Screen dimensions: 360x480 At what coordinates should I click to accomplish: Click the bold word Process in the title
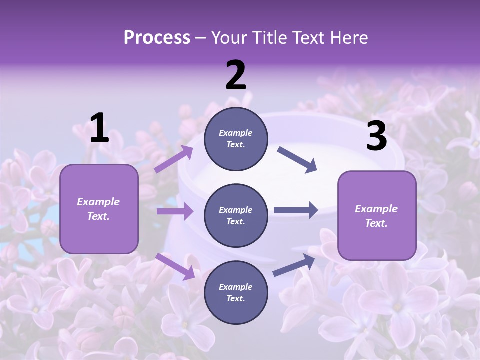tap(157, 38)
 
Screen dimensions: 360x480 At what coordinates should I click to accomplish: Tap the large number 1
tap(99, 128)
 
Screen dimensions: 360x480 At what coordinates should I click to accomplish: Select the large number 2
tap(236, 76)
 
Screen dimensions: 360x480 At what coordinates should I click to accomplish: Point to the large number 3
tap(376, 136)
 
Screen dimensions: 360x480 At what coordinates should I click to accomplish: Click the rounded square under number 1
tap(99, 209)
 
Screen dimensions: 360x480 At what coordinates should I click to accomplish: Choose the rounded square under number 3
tap(377, 215)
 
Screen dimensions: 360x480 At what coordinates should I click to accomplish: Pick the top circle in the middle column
tap(236, 139)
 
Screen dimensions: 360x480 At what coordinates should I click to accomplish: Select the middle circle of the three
tap(236, 215)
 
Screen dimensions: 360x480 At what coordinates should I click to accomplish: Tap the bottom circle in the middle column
tap(236, 292)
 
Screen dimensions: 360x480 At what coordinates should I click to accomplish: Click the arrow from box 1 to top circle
tap(174, 159)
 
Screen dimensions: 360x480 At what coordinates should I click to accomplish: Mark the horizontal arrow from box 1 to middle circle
tap(175, 211)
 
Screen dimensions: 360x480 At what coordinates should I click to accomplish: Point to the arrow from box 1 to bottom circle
tap(175, 266)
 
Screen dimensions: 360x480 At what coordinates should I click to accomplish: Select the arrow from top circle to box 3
tap(297, 159)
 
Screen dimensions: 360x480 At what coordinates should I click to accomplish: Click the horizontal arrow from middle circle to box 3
tap(295, 210)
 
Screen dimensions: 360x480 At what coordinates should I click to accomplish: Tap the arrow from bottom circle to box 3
tap(294, 265)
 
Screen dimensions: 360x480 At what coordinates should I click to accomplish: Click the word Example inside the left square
tap(98, 202)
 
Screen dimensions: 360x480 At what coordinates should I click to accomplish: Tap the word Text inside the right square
tap(376, 223)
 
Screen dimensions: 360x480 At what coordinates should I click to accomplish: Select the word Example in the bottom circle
tap(235, 287)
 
